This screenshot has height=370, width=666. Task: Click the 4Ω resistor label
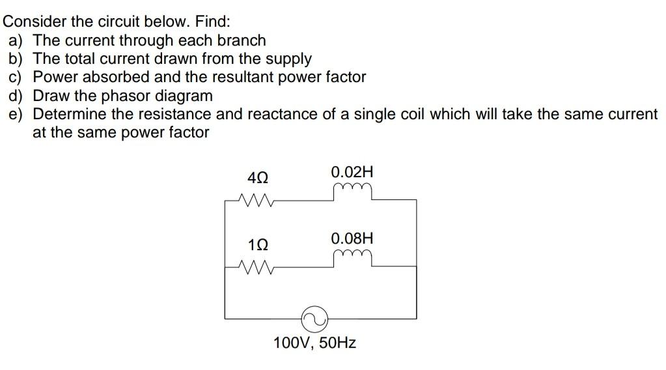258,177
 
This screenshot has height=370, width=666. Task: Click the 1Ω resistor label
258,246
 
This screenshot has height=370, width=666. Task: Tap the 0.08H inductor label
352,238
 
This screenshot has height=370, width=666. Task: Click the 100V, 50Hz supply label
315,343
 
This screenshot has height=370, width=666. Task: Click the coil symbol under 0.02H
352,190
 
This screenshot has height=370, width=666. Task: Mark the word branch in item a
242,40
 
